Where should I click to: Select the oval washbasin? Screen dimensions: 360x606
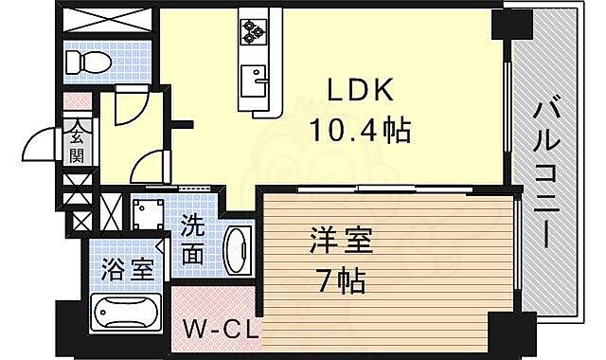pyautogui.click(x=238, y=249)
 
